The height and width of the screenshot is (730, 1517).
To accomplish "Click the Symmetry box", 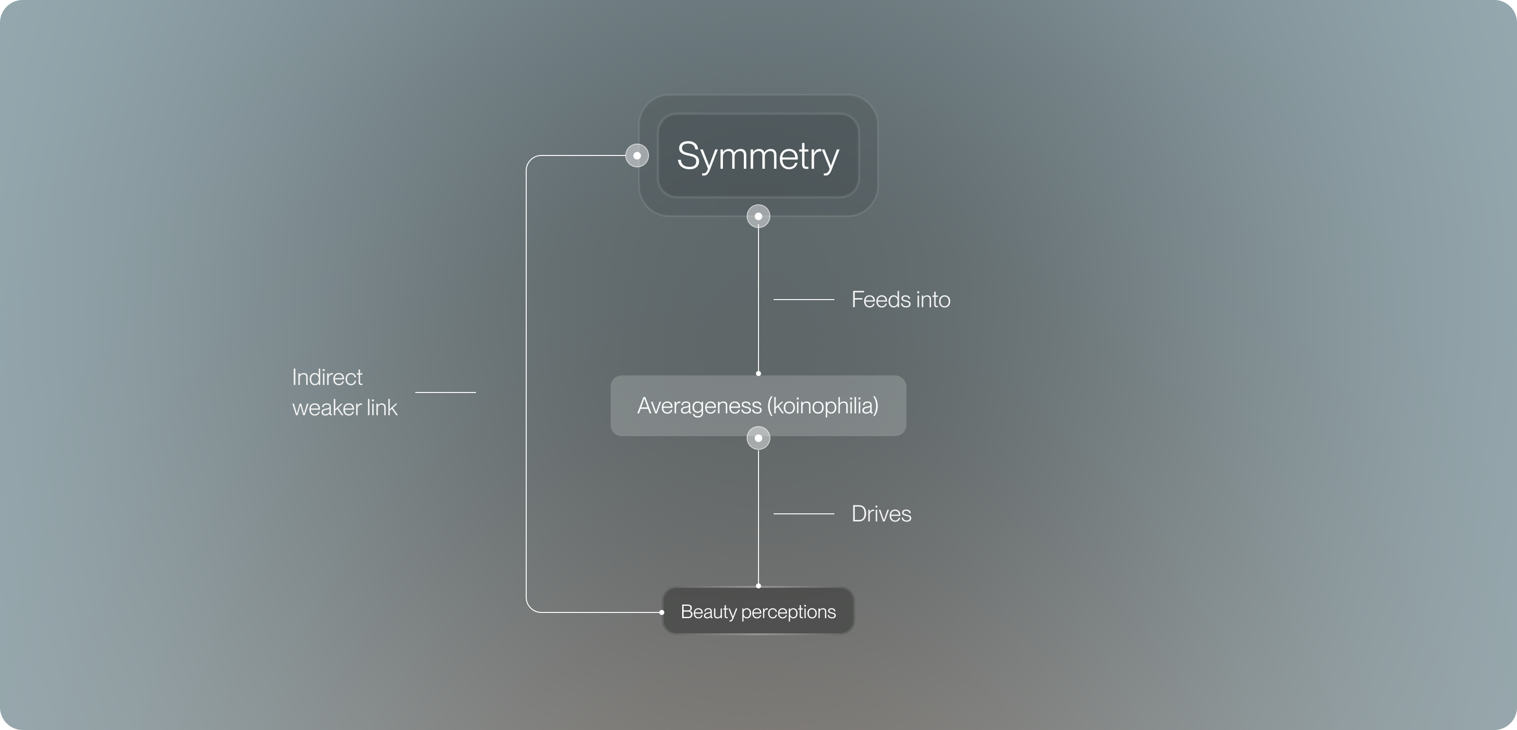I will [x=758, y=155].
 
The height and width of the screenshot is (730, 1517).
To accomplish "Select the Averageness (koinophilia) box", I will [x=758, y=406].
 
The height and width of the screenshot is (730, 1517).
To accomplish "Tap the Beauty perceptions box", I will [x=758, y=611].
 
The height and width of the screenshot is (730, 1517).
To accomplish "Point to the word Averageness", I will [x=699, y=406].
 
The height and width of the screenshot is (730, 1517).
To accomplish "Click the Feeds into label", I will [x=900, y=300].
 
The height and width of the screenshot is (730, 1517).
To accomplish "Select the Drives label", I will [x=881, y=514].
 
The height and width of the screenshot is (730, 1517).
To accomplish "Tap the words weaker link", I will [x=345, y=407].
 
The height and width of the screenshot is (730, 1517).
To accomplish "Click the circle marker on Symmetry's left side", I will [x=637, y=155].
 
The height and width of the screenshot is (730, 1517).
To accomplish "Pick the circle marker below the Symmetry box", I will [x=758, y=216].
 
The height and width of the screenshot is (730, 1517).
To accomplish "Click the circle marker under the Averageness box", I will [x=758, y=438].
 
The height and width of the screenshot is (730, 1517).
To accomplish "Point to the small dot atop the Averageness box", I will [x=758, y=373].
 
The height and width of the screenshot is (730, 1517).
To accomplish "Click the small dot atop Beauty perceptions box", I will [x=758, y=586].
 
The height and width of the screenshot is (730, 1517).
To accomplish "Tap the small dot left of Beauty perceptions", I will [x=662, y=612].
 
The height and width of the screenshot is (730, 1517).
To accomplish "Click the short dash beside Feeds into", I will [x=803, y=300].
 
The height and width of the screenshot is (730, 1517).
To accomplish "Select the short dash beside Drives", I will [x=803, y=514].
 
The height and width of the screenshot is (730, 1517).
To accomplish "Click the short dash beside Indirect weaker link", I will [x=445, y=392].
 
